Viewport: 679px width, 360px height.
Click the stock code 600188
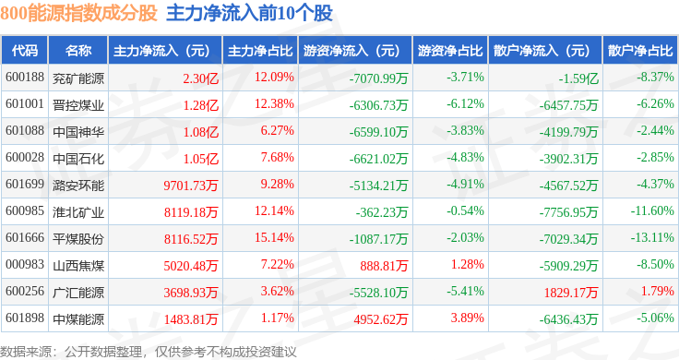[25, 78]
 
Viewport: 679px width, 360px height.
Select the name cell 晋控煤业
[78, 105]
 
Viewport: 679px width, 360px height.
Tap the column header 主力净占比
[260, 51]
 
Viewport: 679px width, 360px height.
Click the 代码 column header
[25, 51]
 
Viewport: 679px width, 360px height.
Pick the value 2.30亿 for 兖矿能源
[200, 78]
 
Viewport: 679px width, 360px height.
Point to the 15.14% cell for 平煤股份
[274, 237]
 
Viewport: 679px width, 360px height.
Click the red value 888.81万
[384, 266]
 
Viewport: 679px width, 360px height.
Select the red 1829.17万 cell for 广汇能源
[571, 293]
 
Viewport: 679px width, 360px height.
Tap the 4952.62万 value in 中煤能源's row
[381, 319]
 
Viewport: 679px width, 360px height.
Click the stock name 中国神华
[78, 132]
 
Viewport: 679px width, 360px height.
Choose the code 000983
[25, 264]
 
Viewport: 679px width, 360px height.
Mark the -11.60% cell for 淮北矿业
[652, 211]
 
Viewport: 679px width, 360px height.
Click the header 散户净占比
[640, 51]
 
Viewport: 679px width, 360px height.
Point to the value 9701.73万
[191, 186]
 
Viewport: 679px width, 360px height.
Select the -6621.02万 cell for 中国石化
[378, 159]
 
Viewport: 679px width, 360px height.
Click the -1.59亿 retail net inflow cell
[578, 78]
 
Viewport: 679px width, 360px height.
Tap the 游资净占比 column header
[450, 51]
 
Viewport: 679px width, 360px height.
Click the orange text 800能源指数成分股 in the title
[78, 13]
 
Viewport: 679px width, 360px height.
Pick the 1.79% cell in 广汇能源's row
[658, 291]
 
